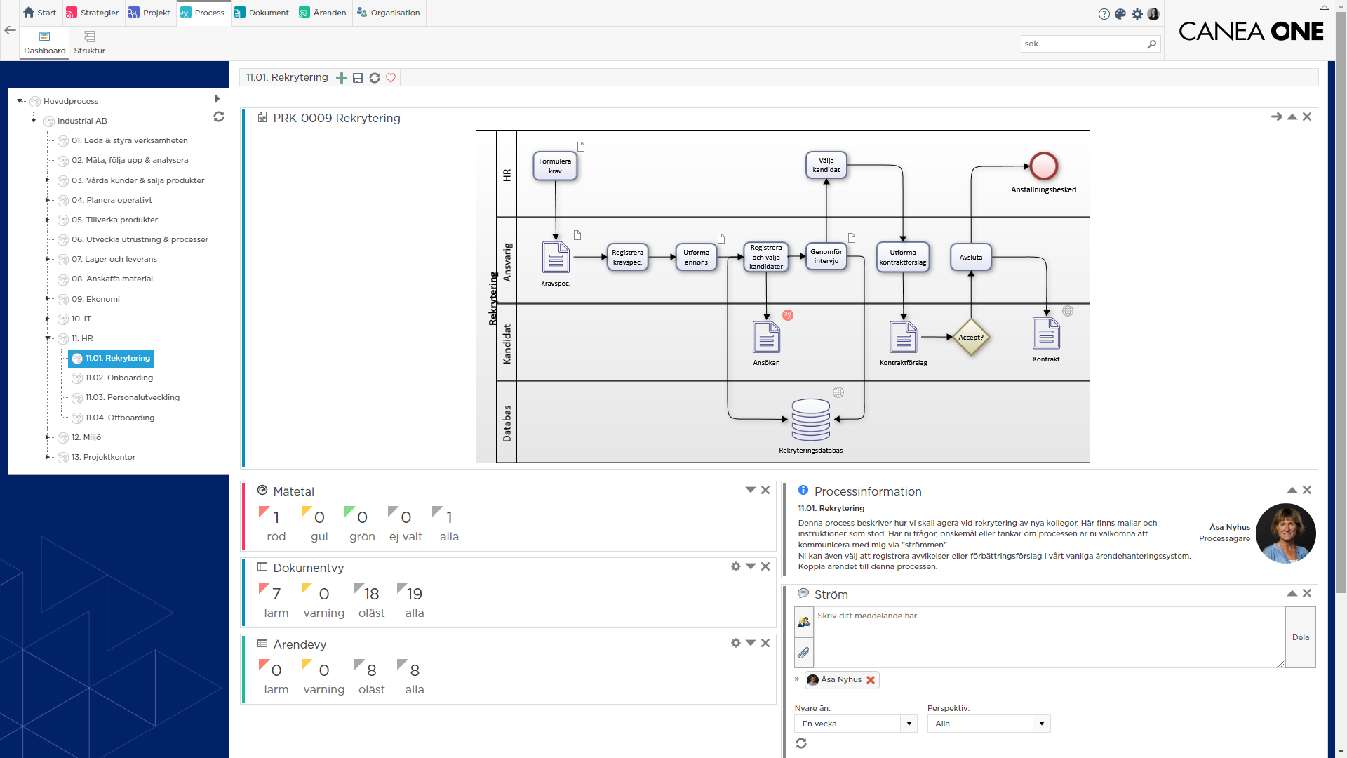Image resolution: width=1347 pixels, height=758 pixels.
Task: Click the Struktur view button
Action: point(89,42)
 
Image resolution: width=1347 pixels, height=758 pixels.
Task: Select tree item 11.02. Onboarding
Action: point(119,378)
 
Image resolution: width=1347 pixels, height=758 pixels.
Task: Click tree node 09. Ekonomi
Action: point(95,299)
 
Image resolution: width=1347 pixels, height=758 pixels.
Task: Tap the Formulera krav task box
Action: point(555,166)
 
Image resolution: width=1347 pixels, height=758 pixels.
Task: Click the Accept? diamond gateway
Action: point(971,338)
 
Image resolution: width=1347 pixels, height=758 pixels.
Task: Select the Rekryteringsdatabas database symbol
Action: point(810,420)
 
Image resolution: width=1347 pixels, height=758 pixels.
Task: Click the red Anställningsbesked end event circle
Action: point(1043,167)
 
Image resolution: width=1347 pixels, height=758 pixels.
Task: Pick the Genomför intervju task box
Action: point(826,257)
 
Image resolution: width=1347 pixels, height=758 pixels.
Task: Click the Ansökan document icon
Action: point(766,338)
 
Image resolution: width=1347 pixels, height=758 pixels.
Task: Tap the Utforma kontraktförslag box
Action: point(903,258)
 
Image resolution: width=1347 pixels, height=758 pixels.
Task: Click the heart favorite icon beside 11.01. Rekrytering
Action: point(391,78)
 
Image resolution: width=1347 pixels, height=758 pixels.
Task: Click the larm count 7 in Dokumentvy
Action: point(276,594)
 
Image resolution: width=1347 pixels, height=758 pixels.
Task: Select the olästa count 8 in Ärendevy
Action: point(372,670)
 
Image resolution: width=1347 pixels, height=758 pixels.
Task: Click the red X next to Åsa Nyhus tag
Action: point(871,680)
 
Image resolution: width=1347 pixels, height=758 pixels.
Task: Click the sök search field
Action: point(1083,44)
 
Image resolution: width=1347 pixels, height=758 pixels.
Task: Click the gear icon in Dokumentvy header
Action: point(735,566)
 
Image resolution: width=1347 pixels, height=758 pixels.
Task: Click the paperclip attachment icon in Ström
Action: point(804,653)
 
